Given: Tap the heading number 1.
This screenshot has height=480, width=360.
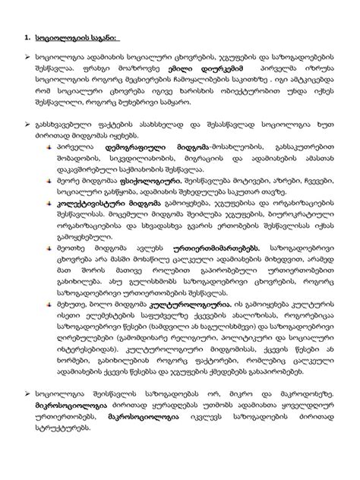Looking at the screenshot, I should click(28, 36).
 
